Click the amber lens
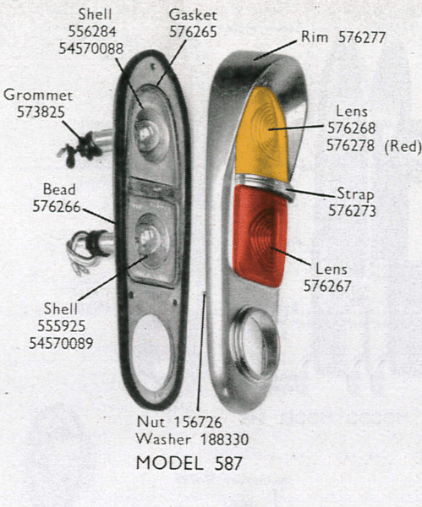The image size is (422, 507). coord(261,134)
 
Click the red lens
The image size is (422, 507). coord(260,236)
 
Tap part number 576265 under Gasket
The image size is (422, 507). coord(193,32)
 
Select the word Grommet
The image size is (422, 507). coord(38,95)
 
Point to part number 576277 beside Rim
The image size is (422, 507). coord(362,38)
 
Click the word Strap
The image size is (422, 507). coord(355,194)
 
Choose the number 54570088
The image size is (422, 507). coord(91,48)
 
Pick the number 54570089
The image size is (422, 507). coord(61,343)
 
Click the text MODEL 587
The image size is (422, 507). coord(189,463)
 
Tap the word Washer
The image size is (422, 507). coord(163,439)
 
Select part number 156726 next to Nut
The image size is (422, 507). coord(198,422)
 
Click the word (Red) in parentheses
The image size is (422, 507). coord(403,146)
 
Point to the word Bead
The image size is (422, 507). coord(59,189)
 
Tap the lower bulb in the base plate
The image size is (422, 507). coord(150,239)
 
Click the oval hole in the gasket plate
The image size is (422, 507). coord(152,354)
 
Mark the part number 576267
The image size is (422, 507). coord(327,286)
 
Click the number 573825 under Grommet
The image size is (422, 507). coord(41,112)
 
